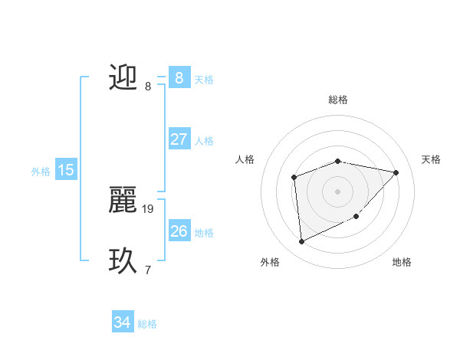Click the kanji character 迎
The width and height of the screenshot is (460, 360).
click(x=123, y=77)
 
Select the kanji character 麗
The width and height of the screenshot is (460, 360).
click(x=123, y=200)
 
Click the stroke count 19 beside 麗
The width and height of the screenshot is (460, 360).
click(x=149, y=208)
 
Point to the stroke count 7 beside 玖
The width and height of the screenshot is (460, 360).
click(x=148, y=270)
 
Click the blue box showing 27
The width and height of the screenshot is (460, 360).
click(x=179, y=139)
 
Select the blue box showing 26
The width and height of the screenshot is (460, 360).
click(x=179, y=231)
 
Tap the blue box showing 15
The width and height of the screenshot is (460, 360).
click(x=66, y=170)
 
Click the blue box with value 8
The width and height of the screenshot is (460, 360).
click(x=179, y=77)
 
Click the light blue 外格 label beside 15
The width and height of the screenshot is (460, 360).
click(x=41, y=172)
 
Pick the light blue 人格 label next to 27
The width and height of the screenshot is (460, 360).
click(x=204, y=141)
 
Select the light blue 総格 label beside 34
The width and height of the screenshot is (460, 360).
click(x=147, y=324)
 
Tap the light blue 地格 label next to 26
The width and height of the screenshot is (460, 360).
click(x=204, y=233)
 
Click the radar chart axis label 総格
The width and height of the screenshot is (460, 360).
click(x=338, y=100)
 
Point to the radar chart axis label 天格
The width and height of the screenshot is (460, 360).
click(x=431, y=159)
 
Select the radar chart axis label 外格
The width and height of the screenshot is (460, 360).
click(x=270, y=262)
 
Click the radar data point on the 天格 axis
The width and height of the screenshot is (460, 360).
click(x=396, y=172)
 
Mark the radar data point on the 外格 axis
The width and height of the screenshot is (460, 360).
click(x=301, y=242)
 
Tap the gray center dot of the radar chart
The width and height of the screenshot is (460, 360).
click(x=337, y=191)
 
